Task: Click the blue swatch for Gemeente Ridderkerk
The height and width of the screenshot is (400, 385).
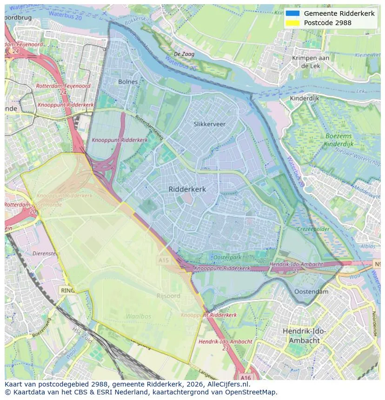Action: tap(292, 13)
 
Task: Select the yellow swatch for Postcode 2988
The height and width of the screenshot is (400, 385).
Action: tap(292, 23)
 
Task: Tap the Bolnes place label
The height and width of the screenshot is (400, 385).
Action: tap(128, 82)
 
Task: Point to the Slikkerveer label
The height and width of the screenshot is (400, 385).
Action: tap(209, 124)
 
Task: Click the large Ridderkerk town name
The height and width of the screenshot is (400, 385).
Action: tap(187, 189)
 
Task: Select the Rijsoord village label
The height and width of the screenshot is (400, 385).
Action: tap(168, 296)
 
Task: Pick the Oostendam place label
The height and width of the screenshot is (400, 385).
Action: tap(312, 292)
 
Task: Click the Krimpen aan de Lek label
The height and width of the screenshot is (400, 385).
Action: tap(311, 62)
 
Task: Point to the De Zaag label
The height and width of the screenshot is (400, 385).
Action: tap(184, 54)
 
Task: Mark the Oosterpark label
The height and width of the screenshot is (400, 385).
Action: tap(227, 257)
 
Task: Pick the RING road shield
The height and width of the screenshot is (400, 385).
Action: tap(67, 290)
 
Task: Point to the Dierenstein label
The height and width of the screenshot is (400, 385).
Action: tap(46, 254)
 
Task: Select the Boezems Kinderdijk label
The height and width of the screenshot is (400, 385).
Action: tap(339, 140)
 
